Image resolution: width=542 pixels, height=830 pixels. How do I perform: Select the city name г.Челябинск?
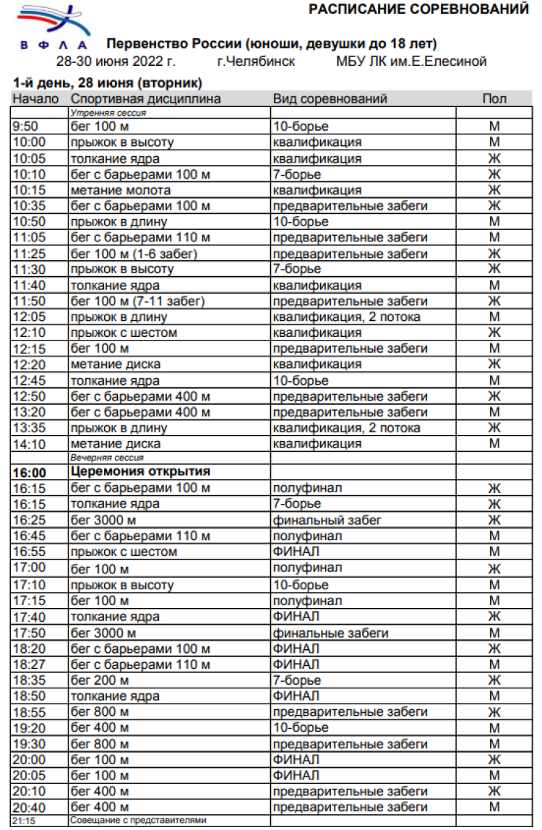pos(256,61)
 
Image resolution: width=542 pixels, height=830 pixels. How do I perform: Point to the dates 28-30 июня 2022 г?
pos(116,61)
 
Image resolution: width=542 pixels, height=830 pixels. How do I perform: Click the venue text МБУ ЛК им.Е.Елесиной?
pos(411,61)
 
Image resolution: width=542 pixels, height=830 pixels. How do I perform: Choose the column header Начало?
pos(35,99)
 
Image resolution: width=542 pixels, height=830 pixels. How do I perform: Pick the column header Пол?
pos(494,99)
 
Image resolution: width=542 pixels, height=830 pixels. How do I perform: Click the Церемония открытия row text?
pos(140,472)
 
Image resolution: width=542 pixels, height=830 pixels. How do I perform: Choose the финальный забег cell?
pos(327,520)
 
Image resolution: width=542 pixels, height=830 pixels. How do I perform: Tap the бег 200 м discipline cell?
pos(100,680)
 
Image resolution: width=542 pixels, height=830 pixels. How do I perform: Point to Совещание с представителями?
pos(138,821)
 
